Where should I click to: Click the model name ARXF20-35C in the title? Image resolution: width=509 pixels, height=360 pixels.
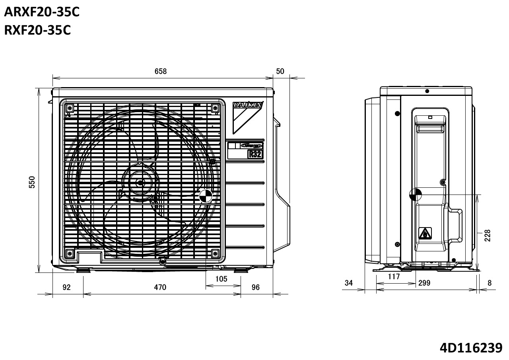tap(42, 12)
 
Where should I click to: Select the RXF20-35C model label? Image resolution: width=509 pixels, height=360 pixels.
tap(37, 30)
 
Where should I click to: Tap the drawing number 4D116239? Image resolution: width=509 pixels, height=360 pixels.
tap(471, 348)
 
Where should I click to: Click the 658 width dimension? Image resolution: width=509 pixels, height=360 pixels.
tap(161, 72)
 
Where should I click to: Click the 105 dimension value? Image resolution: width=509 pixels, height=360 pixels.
tap(221, 279)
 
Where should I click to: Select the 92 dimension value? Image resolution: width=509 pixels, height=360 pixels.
tap(66, 287)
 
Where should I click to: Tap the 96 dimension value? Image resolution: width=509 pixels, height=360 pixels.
tap(255, 287)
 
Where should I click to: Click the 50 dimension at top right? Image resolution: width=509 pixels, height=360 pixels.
tap(280, 72)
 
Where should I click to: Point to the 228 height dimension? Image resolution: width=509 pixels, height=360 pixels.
tap(488, 235)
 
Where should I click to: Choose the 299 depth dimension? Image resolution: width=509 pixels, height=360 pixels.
tap(424, 283)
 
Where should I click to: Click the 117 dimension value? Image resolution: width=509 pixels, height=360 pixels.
tap(394, 276)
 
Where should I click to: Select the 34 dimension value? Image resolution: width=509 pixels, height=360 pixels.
tap(349, 283)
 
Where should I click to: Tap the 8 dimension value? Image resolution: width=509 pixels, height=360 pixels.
tap(490, 283)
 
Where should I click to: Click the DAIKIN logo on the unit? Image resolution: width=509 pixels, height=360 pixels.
tap(247, 105)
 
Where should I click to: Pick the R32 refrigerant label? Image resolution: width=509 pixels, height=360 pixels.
tap(254, 154)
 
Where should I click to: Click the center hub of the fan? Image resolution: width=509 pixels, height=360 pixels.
tap(140, 183)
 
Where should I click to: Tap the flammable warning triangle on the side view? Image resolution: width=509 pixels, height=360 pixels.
tap(425, 233)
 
